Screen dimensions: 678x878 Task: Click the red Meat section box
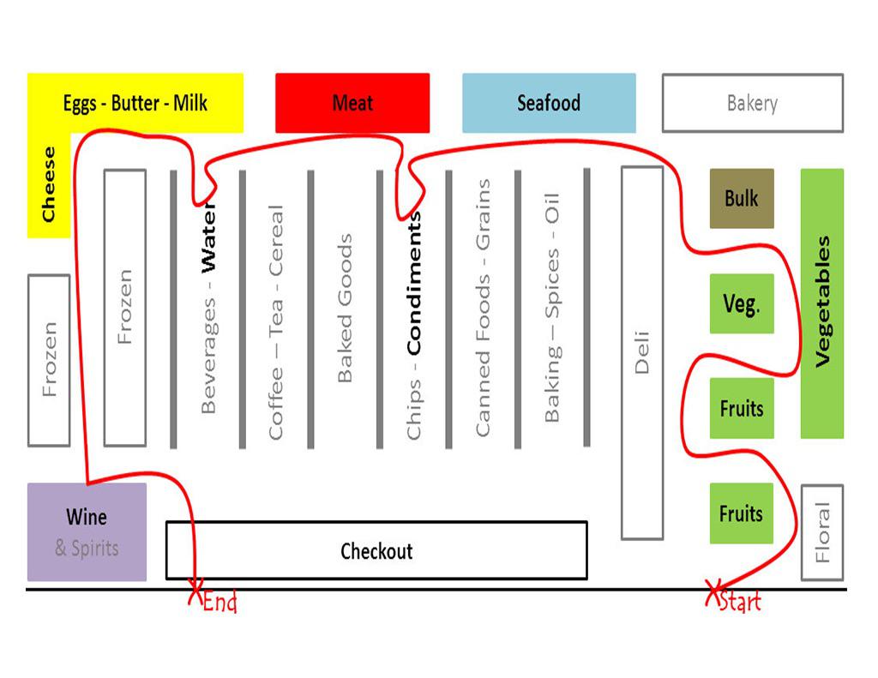352,104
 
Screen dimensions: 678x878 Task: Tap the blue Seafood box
549,104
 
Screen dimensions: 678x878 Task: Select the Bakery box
752,104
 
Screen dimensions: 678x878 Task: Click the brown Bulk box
742,199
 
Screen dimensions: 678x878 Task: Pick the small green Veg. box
742,304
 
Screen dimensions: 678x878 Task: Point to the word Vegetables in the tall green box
822,302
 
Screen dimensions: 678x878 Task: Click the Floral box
822,532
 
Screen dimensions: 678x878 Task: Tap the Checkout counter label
376,550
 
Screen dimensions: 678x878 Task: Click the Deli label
642,352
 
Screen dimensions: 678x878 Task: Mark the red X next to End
195,591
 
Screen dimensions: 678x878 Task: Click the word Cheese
49,184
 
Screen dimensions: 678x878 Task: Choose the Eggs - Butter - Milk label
135,104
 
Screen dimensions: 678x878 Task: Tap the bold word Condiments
414,283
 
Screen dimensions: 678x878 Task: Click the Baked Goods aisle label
345,308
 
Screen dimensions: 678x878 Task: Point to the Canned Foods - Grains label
484,308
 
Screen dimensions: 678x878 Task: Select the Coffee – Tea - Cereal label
275,322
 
